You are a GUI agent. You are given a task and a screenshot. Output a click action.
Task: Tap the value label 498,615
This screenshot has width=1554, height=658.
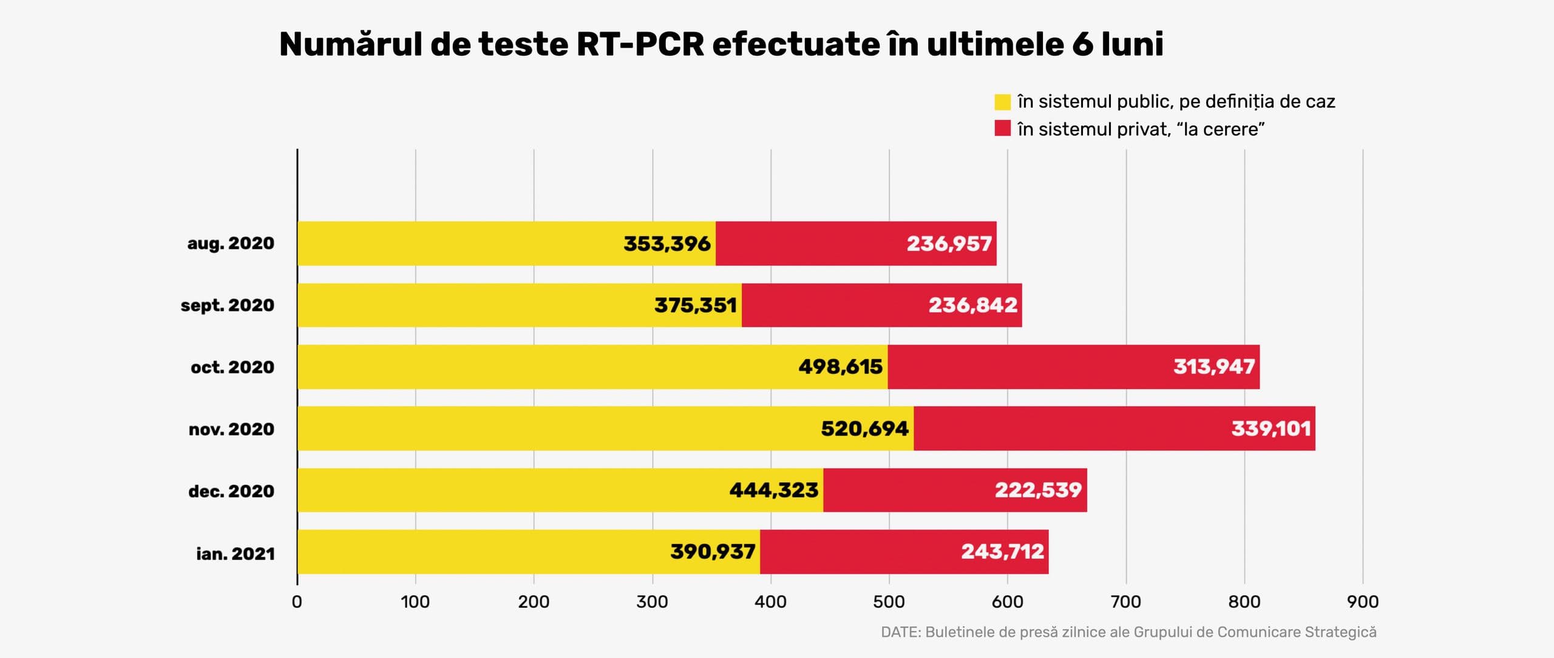(840, 367)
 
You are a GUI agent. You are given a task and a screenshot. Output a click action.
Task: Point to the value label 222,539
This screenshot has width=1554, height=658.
(1038, 490)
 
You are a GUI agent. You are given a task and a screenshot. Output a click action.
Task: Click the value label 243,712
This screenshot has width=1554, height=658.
(1002, 552)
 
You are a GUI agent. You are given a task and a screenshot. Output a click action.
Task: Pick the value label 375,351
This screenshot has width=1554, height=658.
(696, 305)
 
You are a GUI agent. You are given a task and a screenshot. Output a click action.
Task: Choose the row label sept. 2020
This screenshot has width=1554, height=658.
(228, 305)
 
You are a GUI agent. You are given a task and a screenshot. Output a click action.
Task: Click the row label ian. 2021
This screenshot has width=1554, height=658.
(236, 553)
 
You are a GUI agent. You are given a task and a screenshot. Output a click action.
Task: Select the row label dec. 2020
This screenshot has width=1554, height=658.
(231, 490)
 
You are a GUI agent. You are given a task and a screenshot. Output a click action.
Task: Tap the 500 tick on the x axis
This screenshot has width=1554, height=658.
(889, 602)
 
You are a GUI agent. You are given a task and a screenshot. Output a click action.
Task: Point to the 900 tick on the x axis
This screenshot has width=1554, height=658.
(1363, 602)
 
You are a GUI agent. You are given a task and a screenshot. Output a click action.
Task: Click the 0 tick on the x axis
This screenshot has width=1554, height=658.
(297, 602)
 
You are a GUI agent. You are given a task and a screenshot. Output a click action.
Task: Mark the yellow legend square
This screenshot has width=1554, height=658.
(1002, 102)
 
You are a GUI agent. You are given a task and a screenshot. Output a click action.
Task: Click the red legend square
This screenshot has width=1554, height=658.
(1002, 129)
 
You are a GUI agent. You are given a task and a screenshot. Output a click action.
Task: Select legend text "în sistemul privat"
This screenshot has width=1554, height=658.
(1093, 129)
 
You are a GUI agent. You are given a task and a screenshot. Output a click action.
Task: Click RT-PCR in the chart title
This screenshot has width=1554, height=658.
(640, 44)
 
